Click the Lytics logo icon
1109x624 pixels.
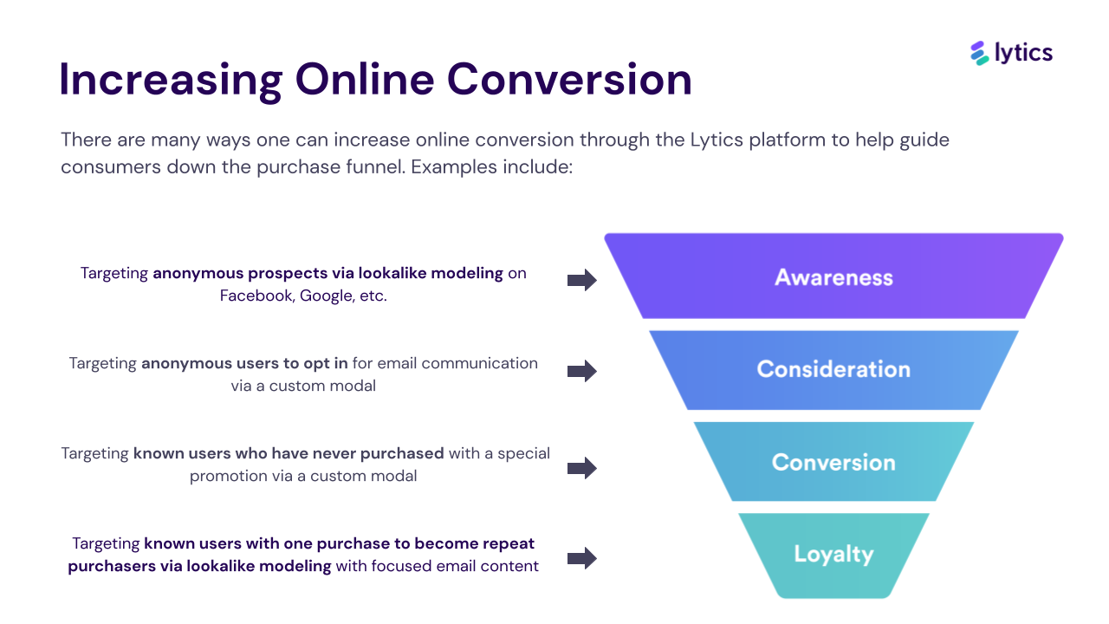[x=980, y=53]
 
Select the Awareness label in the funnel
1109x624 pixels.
[x=833, y=277]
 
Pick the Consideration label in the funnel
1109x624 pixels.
[x=833, y=369]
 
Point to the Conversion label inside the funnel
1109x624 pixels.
[x=833, y=462]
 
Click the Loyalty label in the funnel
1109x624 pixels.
[x=833, y=554]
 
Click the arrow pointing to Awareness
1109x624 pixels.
[x=582, y=280]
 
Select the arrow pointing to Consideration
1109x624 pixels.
[x=582, y=371]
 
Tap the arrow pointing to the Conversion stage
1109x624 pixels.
[x=582, y=468]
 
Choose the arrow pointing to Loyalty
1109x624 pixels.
[x=582, y=558]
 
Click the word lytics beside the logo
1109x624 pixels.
[x=1023, y=53]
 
